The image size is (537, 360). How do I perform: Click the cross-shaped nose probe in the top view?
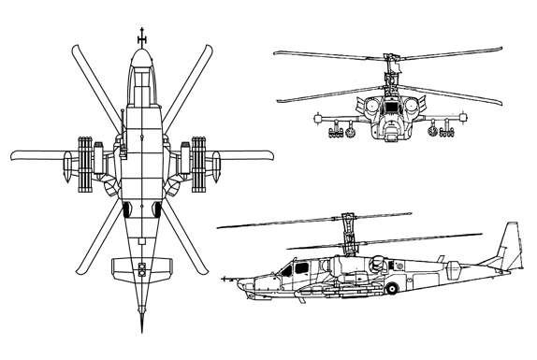[142, 36]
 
